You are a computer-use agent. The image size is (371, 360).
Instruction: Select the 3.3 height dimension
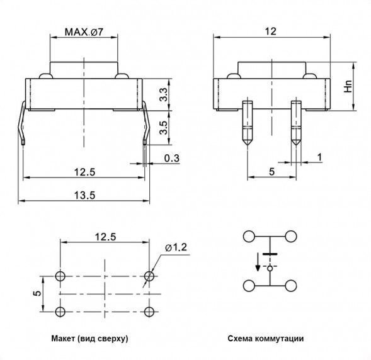(x=163, y=94)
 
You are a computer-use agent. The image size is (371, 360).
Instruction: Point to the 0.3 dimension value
(x=170, y=157)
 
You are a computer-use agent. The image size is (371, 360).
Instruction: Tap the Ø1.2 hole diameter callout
(x=176, y=247)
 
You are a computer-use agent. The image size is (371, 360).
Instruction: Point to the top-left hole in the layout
(x=60, y=276)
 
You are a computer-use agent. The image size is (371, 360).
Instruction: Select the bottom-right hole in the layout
(x=149, y=312)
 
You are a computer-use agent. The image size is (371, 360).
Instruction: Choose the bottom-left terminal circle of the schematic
(x=249, y=285)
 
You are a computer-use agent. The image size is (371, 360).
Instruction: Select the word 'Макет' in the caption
(x=65, y=339)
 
